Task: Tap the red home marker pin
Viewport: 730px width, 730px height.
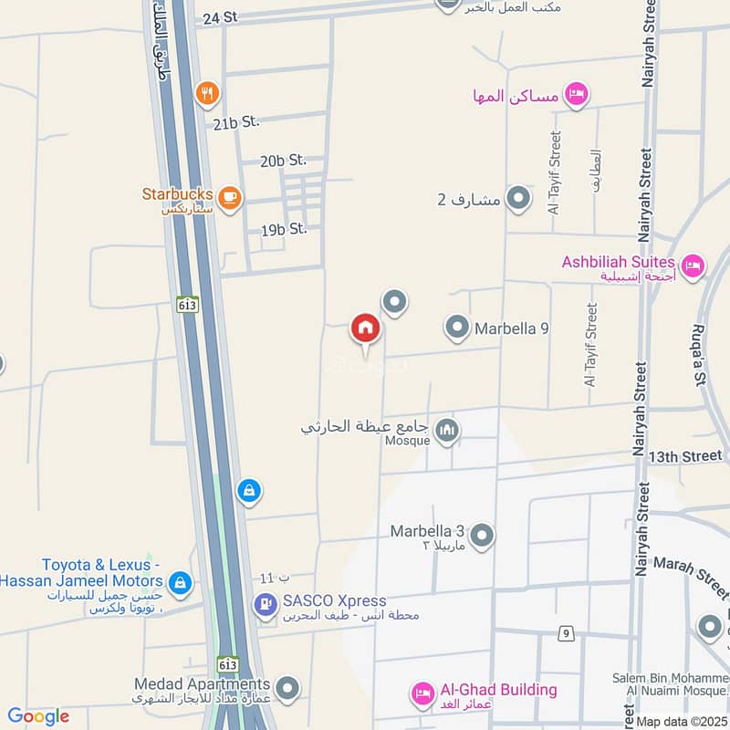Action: (365, 328)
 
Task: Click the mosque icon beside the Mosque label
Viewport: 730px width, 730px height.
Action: (446, 430)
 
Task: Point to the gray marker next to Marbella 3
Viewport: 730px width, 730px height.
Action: (482, 537)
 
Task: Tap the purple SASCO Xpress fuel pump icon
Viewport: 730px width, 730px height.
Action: (266, 603)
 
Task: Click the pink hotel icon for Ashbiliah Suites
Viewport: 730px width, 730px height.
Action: (693, 266)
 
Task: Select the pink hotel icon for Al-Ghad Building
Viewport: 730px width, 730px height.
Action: (422, 694)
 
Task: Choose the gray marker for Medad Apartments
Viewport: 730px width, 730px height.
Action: (287, 687)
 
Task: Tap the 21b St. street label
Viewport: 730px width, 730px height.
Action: (237, 121)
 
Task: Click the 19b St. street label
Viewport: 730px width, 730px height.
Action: (284, 229)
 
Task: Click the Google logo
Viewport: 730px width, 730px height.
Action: (37, 716)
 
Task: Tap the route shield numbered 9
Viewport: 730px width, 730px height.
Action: (567, 633)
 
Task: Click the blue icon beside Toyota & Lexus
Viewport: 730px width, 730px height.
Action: (181, 582)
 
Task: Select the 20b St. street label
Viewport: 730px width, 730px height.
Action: (283, 161)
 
